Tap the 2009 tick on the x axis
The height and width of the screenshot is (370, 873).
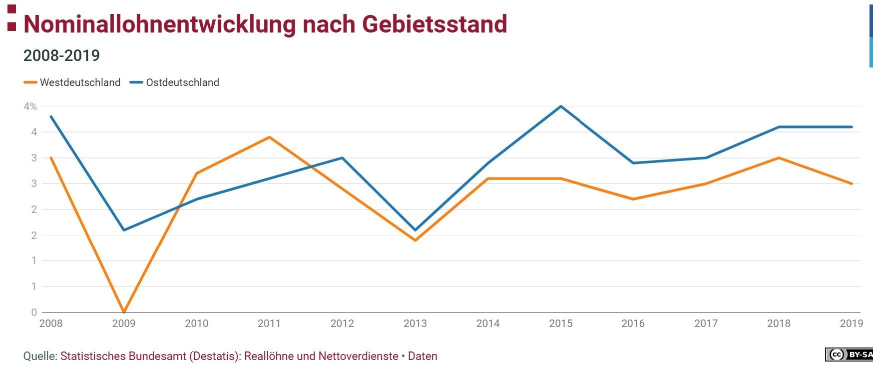[x=124, y=323]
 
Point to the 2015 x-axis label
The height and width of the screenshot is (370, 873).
[x=560, y=323]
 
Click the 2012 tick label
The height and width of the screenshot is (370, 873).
[x=342, y=323]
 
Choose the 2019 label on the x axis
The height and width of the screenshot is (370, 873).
[x=851, y=323]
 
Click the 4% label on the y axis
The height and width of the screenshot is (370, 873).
[x=30, y=106]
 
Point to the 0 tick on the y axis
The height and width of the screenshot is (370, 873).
[x=34, y=312]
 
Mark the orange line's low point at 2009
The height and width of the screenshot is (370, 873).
[x=124, y=312]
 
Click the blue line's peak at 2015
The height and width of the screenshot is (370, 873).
[x=561, y=106]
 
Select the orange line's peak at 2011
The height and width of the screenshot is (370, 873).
[x=269, y=137]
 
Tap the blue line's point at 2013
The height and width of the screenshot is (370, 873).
[x=415, y=230]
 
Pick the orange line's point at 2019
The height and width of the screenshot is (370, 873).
[x=852, y=183]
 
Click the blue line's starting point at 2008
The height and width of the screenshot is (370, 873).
[x=51, y=116]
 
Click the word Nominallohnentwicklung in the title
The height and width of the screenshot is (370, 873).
[x=159, y=24]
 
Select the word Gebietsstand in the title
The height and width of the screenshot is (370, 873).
[x=435, y=24]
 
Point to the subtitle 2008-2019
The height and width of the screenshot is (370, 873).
[x=61, y=55]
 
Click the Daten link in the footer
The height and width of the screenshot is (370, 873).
[x=423, y=356]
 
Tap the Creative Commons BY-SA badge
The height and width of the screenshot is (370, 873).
[x=849, y=354]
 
